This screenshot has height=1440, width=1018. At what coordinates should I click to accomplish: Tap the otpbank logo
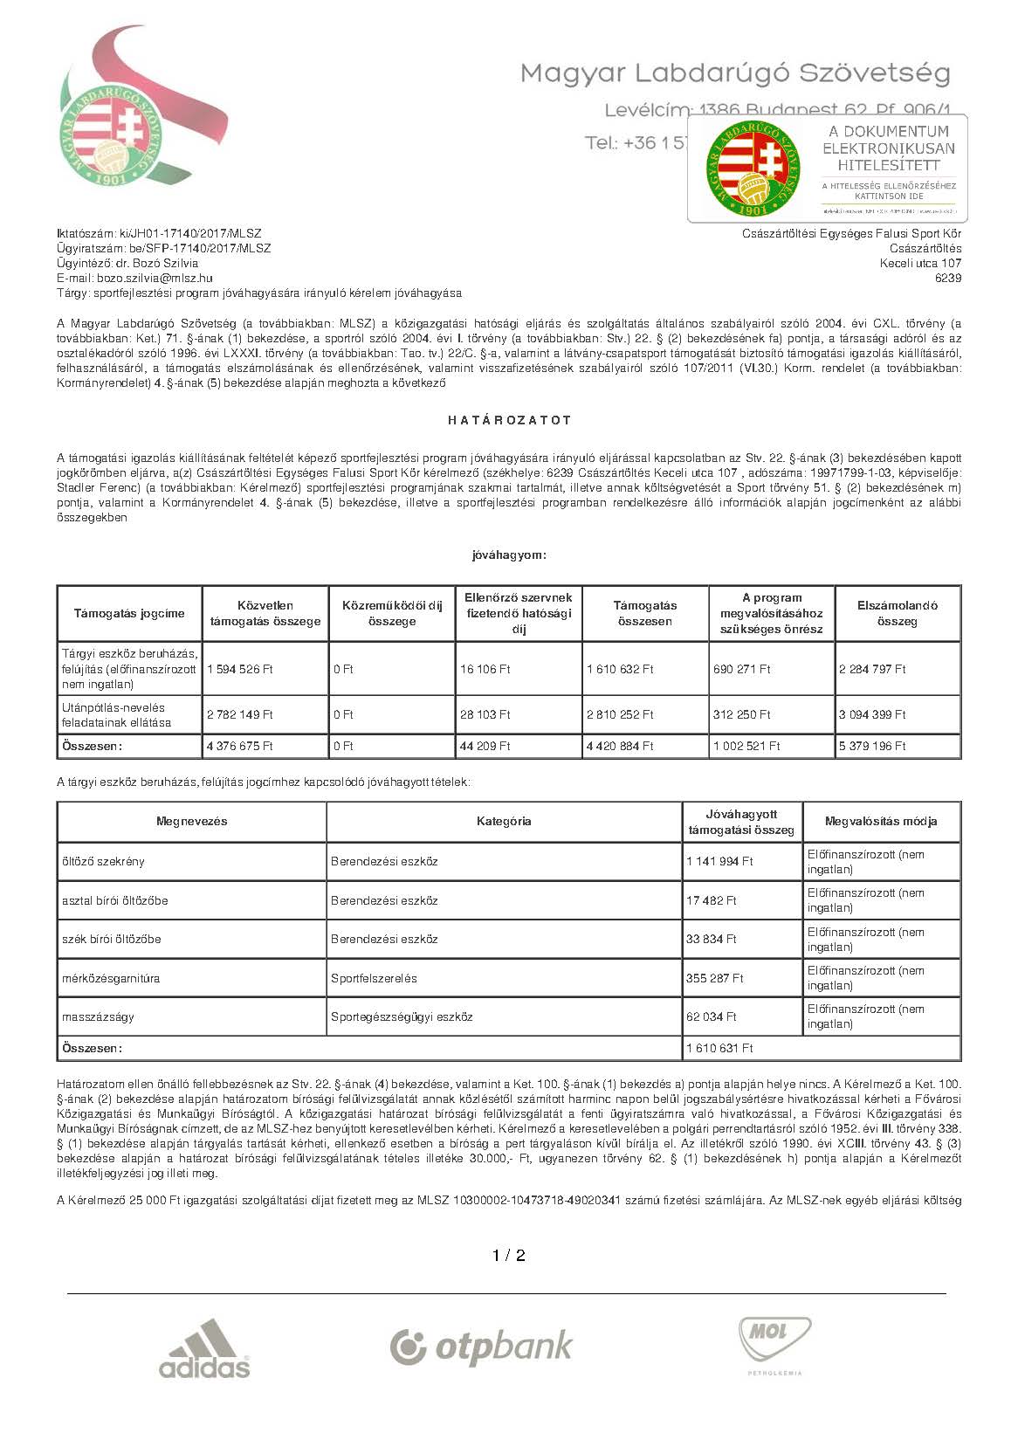pos(481,1347)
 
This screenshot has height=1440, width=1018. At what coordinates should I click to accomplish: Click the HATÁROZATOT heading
pos(509,420)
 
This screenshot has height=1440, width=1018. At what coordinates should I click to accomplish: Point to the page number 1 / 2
pos(509,1256)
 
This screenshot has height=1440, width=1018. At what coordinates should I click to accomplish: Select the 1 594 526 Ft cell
pos(240,669)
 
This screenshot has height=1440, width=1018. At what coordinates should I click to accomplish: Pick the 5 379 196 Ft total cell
pos(872,746)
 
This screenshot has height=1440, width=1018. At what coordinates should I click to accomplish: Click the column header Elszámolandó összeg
pos(897,613)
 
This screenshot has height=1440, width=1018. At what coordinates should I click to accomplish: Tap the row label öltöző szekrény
pos(103,861)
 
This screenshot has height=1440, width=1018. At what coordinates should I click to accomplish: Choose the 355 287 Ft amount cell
pos(714,978)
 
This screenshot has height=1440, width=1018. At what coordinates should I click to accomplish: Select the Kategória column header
pos(504,821)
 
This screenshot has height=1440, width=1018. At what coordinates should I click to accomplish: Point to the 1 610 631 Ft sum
pos(719,1048)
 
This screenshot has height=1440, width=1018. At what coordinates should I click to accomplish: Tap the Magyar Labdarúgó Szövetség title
pos(735,73)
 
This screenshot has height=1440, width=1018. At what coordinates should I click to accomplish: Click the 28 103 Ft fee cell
pos(485,714)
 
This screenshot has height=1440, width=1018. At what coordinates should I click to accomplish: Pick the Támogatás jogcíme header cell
pos(129,613)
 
